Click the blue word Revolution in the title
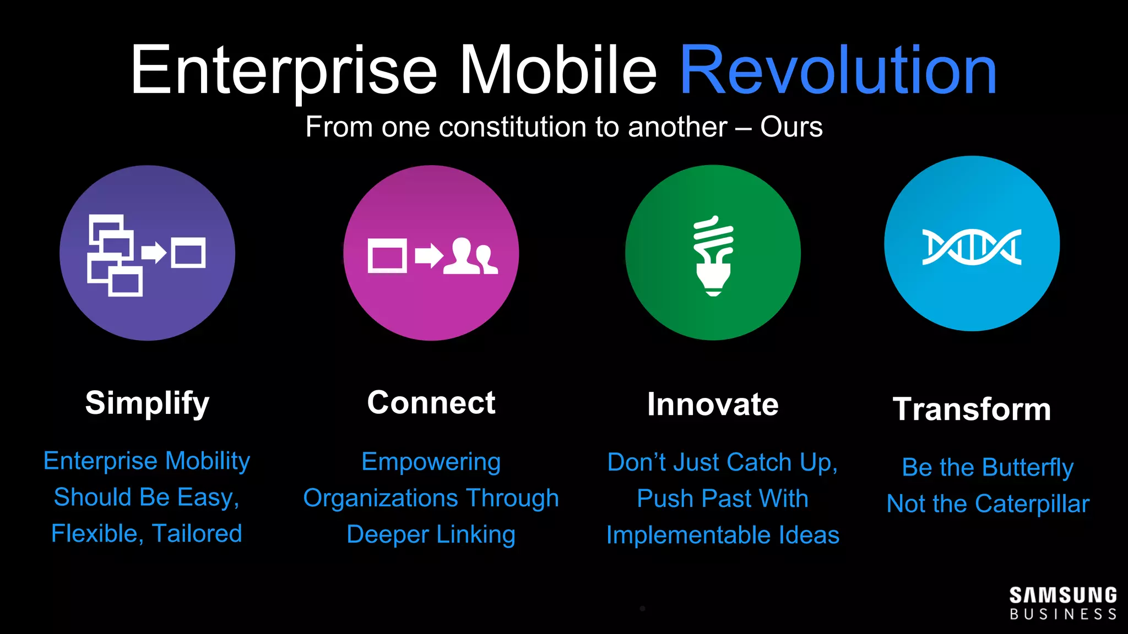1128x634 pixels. tap(838, 72)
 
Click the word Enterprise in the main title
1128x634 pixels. tap(284, 72)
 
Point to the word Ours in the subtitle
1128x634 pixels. tap(791, 127)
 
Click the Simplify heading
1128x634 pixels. tap(147, 403)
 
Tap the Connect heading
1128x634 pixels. tap(431, 402)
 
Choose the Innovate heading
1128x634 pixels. tap(713, 405)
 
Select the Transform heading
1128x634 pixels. tap(972, 409)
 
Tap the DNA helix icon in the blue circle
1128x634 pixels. tap(972, 247)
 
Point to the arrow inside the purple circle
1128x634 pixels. tap(154, 253)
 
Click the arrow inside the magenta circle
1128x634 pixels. tap(429, 255)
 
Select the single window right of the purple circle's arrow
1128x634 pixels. tap(188, 253)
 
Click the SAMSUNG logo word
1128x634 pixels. tap(1062, 595)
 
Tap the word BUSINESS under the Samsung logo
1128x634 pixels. tap(1062, 614)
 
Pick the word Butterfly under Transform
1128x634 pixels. tap(1027, 468)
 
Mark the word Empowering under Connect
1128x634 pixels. tap(431, 462)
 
